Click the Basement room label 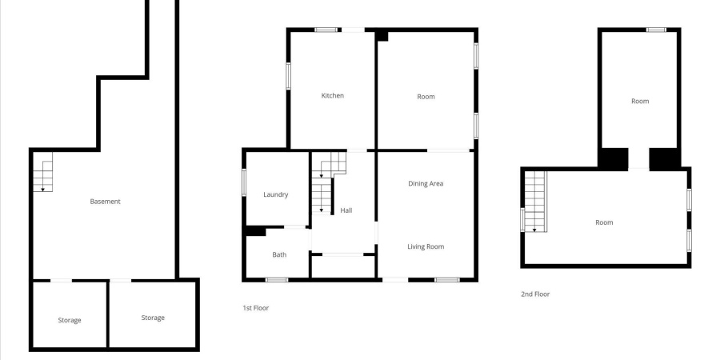[105, 202]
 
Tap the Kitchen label [333, 96]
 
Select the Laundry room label [276, 194]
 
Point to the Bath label [279, 255]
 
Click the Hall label [346, 210]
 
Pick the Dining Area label [426, 184]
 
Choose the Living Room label [426, 246]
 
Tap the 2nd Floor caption [535, 294]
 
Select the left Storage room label [70, 321]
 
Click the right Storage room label [153, 318]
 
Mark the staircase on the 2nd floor [534, 202]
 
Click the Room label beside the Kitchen [426, 97]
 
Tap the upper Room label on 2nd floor [640, 102]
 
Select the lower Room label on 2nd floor [604, 222]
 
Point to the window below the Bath [277, 280]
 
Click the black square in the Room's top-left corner [382, 36]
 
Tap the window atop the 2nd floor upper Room [656, 30]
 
